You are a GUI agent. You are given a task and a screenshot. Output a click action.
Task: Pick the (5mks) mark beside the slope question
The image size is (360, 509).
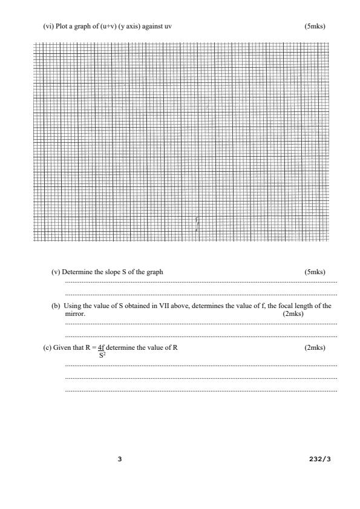tap(315, 272)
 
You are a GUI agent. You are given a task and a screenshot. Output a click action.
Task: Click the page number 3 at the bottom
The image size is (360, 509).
tap(120, 459)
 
